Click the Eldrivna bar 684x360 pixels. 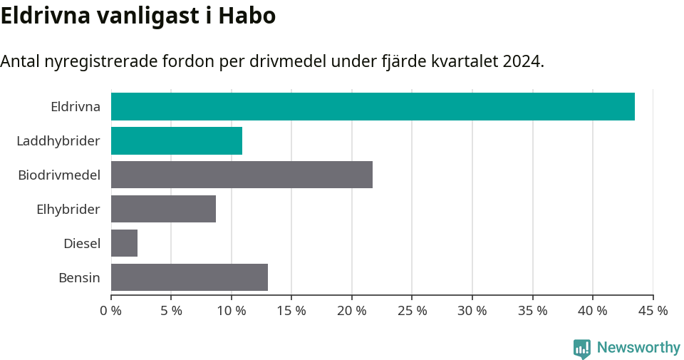373,107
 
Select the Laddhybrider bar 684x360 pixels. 177,141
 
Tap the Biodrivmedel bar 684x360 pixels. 242,175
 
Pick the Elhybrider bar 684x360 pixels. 163,209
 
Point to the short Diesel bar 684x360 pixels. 124,243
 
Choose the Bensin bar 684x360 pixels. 190,277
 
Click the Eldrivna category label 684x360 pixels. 75,107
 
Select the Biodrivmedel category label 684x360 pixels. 59,175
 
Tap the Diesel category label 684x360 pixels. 81,244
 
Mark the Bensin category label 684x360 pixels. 79,277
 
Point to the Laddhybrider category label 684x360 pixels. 58,141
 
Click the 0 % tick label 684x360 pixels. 111,311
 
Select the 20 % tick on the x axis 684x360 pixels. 352,311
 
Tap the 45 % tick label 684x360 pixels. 653,311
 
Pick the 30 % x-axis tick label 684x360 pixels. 472,311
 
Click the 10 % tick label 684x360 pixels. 232,311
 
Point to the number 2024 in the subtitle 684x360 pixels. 521,61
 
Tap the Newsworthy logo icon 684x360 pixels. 582,348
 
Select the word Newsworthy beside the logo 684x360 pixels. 638,348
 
